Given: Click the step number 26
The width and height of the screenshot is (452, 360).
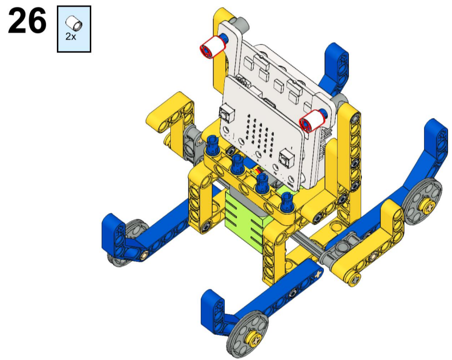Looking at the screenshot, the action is click(x=27, y=21).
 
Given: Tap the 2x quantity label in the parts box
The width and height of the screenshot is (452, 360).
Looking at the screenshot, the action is click(x=71, y=37).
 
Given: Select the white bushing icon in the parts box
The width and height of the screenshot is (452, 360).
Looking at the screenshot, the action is click(x=74, y=24).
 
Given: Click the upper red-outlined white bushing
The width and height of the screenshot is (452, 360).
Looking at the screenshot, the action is click(x=213, y=47).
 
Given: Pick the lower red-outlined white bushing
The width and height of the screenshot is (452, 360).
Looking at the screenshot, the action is click(x=312, y=121).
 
